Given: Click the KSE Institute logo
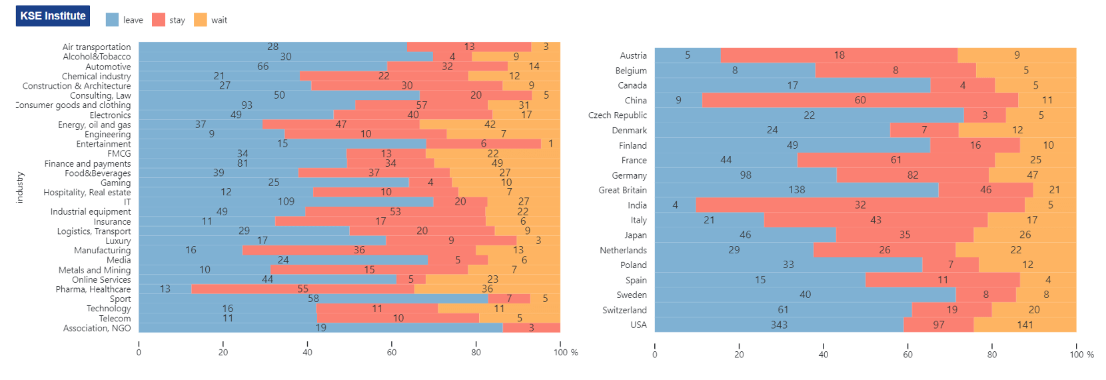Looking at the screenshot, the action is (53, 16).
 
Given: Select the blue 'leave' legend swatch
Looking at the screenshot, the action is (112, 20).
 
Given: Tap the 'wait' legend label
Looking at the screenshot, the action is (219, 20).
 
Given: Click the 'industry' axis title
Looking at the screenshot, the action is (20, 187).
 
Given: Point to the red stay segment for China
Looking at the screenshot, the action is (859, 100).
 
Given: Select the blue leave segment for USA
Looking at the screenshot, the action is (779, 325).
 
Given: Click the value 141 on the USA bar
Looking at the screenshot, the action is (1025, 325).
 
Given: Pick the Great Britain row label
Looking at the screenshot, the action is (622, 190).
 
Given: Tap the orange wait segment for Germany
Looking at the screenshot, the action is (1033, 175).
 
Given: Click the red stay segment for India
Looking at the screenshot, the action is (860, 205).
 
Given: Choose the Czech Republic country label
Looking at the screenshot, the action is (617, 115).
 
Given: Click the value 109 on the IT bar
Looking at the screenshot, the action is (286, 201).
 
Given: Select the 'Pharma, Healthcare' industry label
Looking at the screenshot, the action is (93, 289).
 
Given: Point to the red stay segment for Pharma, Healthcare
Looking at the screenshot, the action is (302, 289).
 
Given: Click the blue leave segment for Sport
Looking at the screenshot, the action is (313, 299).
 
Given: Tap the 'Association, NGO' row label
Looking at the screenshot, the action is (97, 328).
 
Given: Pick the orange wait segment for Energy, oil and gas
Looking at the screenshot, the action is (490, 125).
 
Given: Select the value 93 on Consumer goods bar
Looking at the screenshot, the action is (247, 105).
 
